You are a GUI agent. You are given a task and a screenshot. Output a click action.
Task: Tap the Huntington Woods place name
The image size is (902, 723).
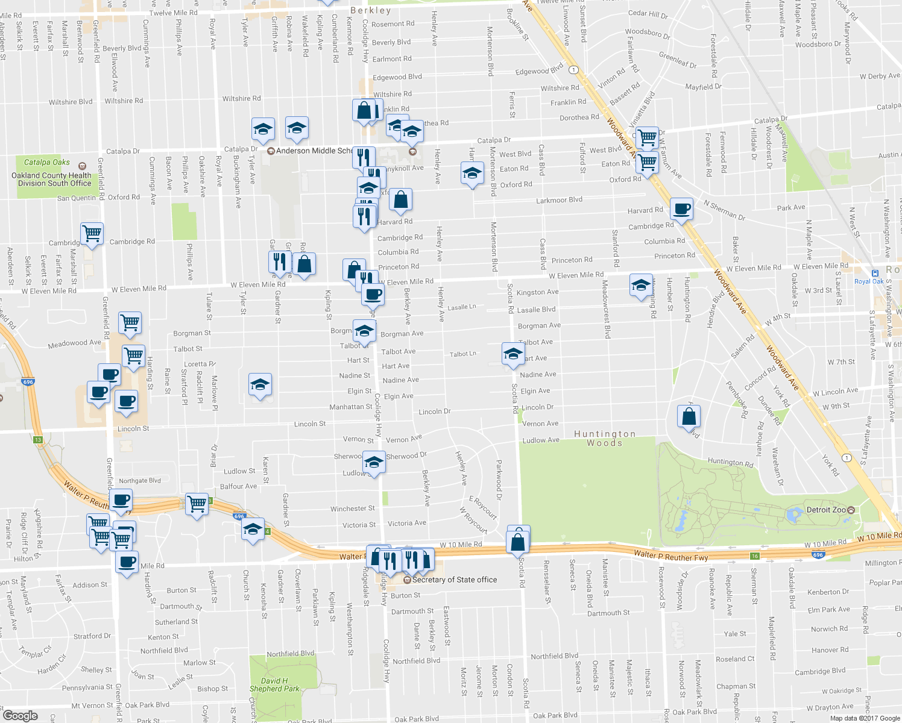click(605, 438)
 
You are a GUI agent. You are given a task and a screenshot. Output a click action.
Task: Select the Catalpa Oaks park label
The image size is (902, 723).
click(47, 162)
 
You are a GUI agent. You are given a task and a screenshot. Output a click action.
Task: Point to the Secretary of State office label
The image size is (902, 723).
click(455, 580)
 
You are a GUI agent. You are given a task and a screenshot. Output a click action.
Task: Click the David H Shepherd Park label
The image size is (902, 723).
click(274, 684)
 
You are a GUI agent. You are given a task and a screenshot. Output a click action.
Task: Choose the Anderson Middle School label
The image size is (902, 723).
click(314, 151)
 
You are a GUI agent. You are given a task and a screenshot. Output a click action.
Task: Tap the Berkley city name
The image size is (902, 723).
click(371, 10)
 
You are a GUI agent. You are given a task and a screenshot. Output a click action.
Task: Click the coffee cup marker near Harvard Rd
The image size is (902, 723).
click(681, 208)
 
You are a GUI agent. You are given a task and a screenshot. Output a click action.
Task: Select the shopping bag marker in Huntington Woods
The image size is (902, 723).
click(689, 416)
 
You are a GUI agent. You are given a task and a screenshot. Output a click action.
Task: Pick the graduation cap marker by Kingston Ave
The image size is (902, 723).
click(640, 284)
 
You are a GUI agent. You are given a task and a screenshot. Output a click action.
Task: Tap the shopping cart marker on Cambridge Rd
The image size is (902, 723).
click(92, 233)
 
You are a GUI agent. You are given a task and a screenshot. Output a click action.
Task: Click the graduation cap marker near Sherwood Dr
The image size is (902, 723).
click(374, 462)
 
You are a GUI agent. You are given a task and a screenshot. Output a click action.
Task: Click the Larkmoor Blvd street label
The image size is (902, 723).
click(559, 200)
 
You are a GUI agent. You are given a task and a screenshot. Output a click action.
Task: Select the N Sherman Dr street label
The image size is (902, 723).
click(724, 210)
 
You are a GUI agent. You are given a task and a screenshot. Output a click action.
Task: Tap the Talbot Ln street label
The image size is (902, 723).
click(462, 354)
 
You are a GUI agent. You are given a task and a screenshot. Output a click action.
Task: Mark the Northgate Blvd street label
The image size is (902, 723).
click(140, 481)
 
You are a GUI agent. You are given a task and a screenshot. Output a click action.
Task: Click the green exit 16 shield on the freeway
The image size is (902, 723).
click(754, 556)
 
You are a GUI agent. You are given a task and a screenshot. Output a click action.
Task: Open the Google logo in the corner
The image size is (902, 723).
click(20, 715)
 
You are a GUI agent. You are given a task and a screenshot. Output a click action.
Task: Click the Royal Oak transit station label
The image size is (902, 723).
click(869, 281)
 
